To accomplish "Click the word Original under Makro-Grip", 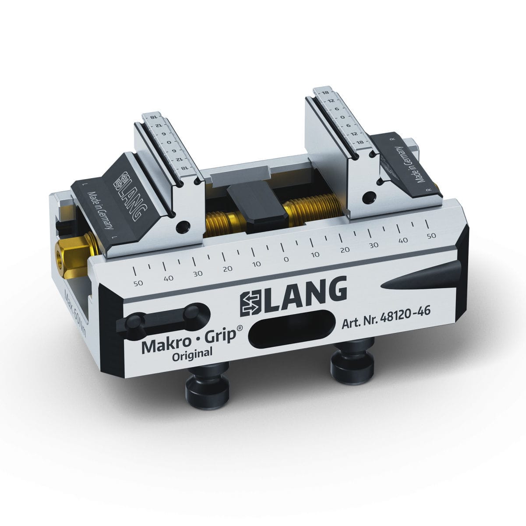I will [x=192, y=354].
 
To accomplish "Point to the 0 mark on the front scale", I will [x=286, y=259].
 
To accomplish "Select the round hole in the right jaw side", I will [x=371, y=196].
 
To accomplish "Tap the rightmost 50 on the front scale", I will [x=431, y=236].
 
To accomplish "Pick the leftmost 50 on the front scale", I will [x=138, y=283].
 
